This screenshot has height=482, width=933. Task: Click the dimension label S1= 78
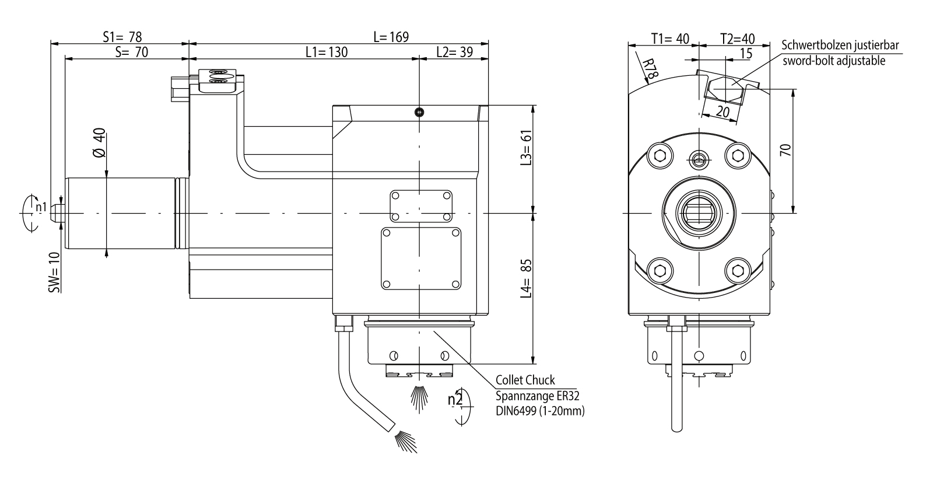point(122,36)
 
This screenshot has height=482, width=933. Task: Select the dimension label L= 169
point(391,36)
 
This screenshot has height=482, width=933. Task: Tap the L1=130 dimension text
point(327,52)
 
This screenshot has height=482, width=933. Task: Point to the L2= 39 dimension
point(454,52)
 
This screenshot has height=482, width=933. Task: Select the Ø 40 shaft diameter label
point(99,143)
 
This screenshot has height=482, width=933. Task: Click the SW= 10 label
point(54,273)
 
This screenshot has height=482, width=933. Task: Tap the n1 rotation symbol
point(40,207)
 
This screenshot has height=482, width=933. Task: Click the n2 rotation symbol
point(455,400)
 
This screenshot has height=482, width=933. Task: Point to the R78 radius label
point(650,69)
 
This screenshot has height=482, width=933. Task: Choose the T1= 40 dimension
point(670,39)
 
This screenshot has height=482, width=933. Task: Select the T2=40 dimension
point(737,39)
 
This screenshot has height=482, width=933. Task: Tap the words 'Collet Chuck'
point(525,380)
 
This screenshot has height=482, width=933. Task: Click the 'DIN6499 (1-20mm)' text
point(540,411)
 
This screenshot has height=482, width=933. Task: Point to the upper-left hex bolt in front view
point(660,156)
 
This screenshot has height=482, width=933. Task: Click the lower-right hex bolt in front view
point(737,270)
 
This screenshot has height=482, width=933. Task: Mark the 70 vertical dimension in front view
point(785,150)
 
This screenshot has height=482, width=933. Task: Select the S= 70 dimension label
point(132,52)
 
